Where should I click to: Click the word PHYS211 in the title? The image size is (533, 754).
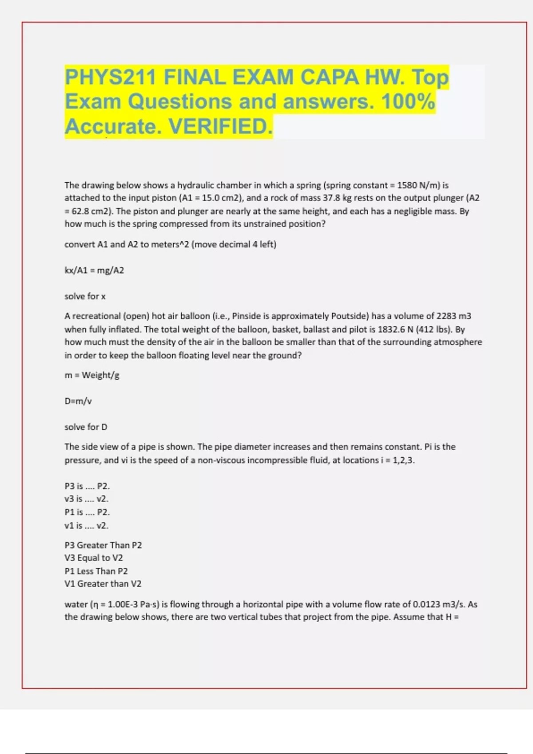pos(110,78)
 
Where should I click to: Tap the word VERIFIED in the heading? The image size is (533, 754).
pos(220,126)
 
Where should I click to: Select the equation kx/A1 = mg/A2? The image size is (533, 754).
pos(94,270)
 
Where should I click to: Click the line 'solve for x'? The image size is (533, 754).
pos(85,296)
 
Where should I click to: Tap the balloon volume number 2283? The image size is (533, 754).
pos(446,316)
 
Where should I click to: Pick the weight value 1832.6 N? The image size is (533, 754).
pos(395,329)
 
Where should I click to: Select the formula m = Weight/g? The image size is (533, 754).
pos(92,375)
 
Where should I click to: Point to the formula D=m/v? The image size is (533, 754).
pos(78,401)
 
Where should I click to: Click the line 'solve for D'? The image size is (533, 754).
pos(86,427)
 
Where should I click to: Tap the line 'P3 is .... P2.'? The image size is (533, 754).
pos(87,486)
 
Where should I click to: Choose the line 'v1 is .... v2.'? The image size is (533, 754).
pos(87,526)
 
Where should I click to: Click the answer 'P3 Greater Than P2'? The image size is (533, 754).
pos(103,545)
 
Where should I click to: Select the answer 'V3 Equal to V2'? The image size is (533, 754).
pos(94,558)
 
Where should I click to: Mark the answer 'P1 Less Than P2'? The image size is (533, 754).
pos(96,571)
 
